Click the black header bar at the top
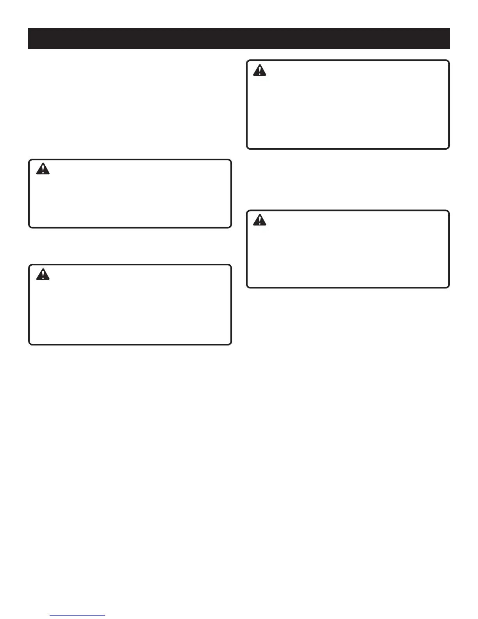click(239, 39)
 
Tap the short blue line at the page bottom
click(77, 616)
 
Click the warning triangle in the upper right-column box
click(259, 70)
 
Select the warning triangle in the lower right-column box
click(259, 220)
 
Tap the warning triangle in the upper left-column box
click(43, 169)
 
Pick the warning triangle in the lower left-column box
click(43, 275)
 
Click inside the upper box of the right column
click(348, 109)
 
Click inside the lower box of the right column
click(348, 254)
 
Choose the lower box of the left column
click(130, 309)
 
